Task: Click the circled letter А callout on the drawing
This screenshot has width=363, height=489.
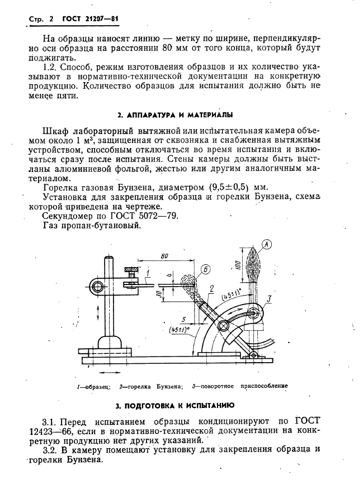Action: click(267, 244)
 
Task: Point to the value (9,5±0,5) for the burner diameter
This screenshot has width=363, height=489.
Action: click(221, 187)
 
